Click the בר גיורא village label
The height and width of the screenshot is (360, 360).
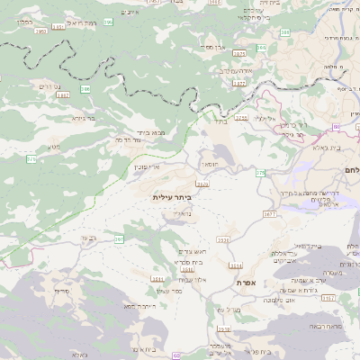[x=84, y=117]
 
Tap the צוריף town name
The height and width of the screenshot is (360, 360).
[x=61, y=292]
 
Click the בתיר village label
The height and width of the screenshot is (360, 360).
[x=220, y=124]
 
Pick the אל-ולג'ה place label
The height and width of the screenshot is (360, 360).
[x=265, y=118]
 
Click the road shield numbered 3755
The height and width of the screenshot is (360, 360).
[x=241, y=117]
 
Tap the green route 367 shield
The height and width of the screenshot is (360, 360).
[x=119, y=240]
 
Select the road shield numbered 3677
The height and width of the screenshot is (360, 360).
[x=269, y=215]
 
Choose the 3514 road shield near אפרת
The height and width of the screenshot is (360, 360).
[x=236, y=266]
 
